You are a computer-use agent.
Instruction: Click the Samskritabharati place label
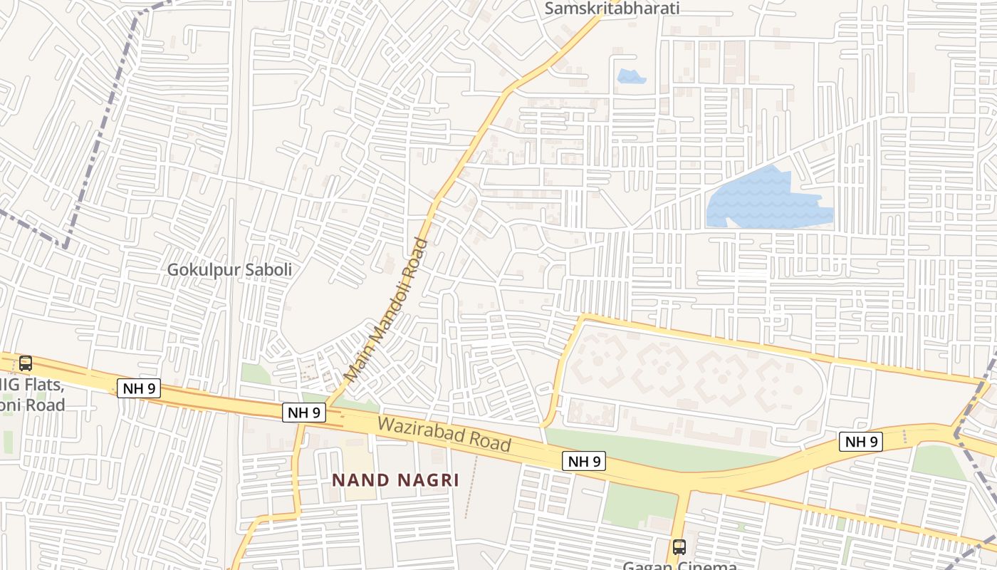(612, 9)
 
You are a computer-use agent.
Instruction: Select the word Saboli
(268, 270)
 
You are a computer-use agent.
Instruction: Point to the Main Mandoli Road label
(387, 309)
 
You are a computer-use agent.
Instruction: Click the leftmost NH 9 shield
(139, 388)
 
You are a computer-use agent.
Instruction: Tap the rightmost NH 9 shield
(860, 442)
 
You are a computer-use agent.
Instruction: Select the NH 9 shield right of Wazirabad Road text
(584, 461)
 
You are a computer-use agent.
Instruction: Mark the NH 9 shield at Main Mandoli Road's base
(305, 412)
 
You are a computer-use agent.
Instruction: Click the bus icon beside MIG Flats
(26, 363)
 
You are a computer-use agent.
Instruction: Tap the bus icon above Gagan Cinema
(679, 547)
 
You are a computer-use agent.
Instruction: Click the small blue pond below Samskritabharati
(631, 76)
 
